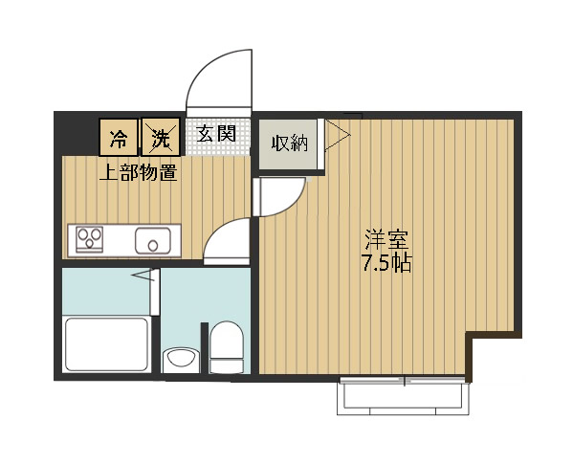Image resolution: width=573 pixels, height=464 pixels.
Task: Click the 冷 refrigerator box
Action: point(119,137)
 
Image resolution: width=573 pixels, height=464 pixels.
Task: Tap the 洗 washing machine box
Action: point(161,137)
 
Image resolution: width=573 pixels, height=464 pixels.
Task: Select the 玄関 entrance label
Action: point(216,134)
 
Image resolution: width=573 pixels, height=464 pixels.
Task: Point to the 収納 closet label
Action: point(290,144)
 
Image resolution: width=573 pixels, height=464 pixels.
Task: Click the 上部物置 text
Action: point(139,173)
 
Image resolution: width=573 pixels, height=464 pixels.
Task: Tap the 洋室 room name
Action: point(386,239)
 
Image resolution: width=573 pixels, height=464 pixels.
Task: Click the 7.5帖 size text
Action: point(386,263)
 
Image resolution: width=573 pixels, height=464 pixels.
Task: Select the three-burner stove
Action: point(90,239)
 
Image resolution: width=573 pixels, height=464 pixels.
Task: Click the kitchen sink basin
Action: point(153,241)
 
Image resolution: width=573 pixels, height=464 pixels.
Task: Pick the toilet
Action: point(227,347)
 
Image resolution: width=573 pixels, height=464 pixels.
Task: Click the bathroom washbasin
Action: point(181,359)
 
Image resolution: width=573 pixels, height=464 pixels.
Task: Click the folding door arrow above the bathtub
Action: point(143,275)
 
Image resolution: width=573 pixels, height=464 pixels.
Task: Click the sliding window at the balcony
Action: point(404,380)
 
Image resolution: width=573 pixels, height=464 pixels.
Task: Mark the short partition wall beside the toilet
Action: point(205,348)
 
